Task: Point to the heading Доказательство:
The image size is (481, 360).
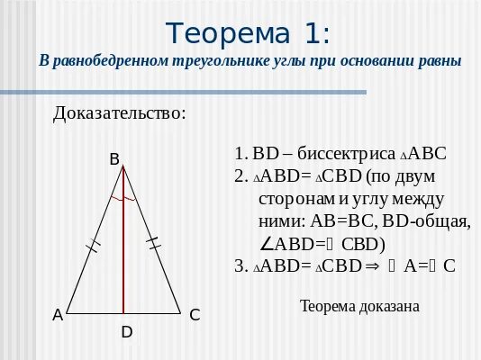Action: click(x=120, y=113)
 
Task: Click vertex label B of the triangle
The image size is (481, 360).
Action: click(x=114, y=159)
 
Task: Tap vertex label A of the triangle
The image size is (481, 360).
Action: click(x=58, y=315)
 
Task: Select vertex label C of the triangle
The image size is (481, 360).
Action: click(x=194, y=315)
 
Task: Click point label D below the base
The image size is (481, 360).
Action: click(x=127, y=332)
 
